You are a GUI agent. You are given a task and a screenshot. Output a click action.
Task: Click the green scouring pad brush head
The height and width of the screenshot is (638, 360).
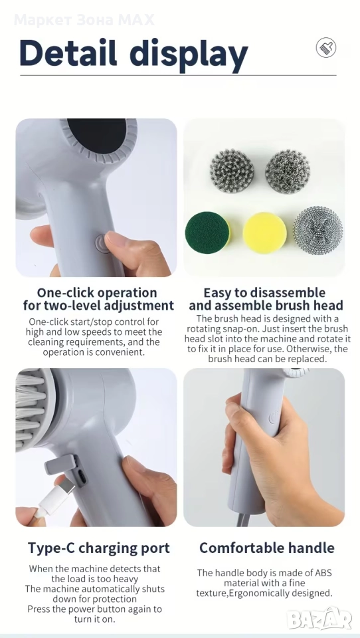(x=207, y=233)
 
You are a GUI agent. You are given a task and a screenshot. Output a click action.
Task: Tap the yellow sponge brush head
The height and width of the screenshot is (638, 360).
(x=265, y=233)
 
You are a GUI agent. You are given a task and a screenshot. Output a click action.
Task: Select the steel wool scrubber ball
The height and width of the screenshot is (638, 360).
(x=317, y=231)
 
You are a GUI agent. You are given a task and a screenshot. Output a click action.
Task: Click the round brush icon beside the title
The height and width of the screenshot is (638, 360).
(x=326, y=48)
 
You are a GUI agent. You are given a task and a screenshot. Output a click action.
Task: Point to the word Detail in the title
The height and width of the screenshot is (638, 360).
(x=68, y=53)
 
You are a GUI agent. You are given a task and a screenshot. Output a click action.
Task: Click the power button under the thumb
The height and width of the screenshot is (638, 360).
(x=102, y=243)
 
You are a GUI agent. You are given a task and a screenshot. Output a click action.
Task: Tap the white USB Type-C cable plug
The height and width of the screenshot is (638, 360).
(x=55, y=498)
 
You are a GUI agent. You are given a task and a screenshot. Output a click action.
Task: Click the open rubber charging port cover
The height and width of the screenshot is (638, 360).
(x=60, y=465)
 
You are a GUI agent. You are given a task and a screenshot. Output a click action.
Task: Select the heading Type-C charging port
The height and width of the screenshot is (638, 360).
(x=99, y=548)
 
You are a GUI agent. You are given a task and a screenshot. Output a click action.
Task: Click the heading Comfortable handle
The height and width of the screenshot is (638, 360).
(x=267, y=548)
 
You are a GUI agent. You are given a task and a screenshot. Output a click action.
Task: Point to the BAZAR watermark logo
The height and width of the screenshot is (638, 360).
(x=319, y=619)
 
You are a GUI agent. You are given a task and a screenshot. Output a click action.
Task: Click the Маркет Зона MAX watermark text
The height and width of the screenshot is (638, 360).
(x=84, y=19)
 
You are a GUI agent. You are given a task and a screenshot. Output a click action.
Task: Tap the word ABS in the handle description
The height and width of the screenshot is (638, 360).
(x=323, y=573)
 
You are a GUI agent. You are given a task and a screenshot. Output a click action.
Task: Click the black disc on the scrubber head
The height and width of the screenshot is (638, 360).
(x=97, y=135)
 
